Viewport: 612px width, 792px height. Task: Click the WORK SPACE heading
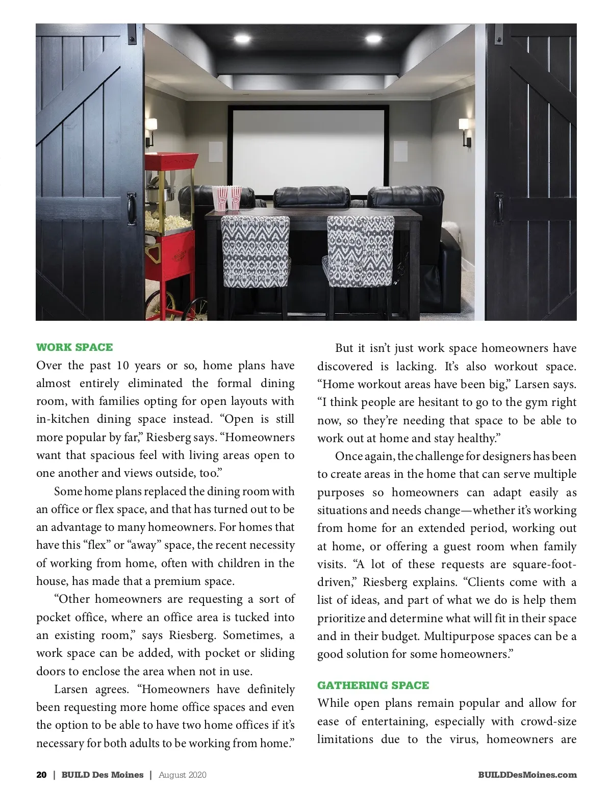point(74,347)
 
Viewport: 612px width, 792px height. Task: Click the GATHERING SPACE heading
point(373,685)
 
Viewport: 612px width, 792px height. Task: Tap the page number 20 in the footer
point(41,775)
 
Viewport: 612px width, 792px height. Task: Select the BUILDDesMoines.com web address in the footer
point(527,775)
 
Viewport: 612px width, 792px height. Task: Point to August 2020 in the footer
point(183,775)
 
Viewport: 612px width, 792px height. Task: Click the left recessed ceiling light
point(240,38)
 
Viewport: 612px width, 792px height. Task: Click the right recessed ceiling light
point(373,38)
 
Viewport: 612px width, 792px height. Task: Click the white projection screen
point(308,149)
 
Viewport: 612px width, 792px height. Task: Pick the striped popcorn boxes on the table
point(227,198)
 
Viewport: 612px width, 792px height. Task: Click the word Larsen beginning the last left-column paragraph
point(71,689)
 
